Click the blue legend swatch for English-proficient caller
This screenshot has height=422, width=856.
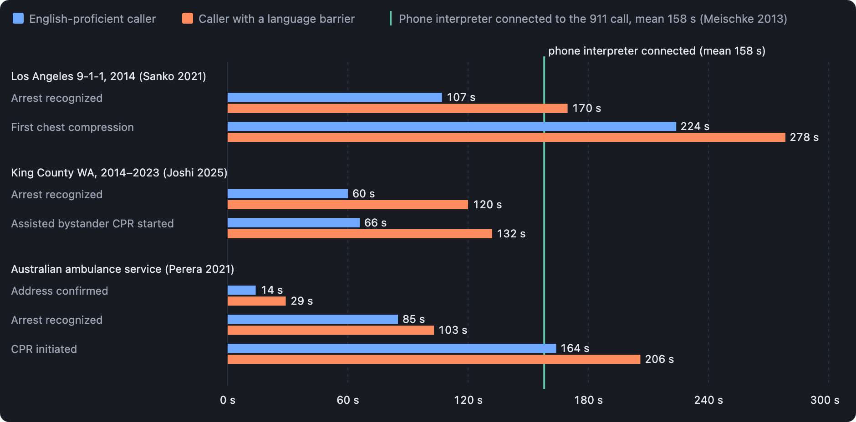18,19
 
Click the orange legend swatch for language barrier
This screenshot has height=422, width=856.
188,19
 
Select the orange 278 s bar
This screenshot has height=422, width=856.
506,137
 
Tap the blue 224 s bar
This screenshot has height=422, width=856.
452,126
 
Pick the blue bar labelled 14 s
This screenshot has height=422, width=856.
242,290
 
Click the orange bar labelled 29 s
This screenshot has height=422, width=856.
257,301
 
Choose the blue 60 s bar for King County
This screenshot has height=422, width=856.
288,194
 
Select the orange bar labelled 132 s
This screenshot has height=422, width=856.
360,234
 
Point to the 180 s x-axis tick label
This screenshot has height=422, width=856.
588,400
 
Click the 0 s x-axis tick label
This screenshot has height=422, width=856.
228,400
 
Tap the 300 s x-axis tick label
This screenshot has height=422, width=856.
825,400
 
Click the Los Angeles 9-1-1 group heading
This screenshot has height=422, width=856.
108,76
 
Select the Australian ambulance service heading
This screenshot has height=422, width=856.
122,269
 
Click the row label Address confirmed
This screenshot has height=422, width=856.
60,291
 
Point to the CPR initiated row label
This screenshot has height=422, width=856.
44,349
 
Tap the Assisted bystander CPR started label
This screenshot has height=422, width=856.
92,224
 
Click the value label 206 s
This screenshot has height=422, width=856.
659,359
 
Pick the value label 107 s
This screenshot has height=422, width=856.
461,97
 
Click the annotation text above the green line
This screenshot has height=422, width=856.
657,51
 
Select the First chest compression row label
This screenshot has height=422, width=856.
72,127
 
